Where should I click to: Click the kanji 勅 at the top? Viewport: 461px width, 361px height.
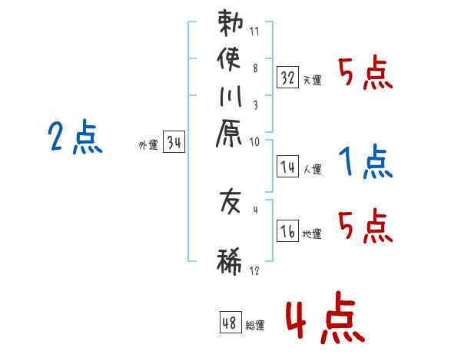click(x=231, y=23)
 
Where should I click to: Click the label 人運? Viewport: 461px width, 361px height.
click(x=312, y=168)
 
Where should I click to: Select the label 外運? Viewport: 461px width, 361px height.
click(x=148, y=144)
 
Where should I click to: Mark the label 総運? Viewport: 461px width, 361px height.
click(x=254, y=326)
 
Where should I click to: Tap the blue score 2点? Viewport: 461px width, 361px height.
click(x=75, y=138)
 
